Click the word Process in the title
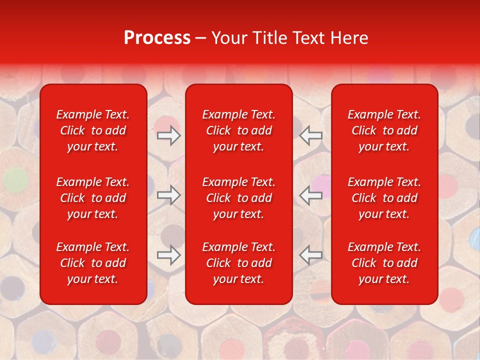point(157,38)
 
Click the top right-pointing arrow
point(168,135)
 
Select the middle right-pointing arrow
point(168,195)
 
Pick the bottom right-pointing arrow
point(168,255)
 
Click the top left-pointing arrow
point(311,135)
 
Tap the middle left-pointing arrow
point(311,195)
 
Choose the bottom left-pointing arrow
point(311,255)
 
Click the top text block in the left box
point(93,130)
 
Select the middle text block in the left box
point(93,198)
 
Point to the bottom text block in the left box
point(93,263)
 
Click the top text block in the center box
point(238,130)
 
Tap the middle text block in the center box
point(238,198)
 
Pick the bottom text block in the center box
point(238,263)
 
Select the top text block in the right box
point(384,130)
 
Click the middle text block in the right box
point(384,198)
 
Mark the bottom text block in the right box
point(384,263)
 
